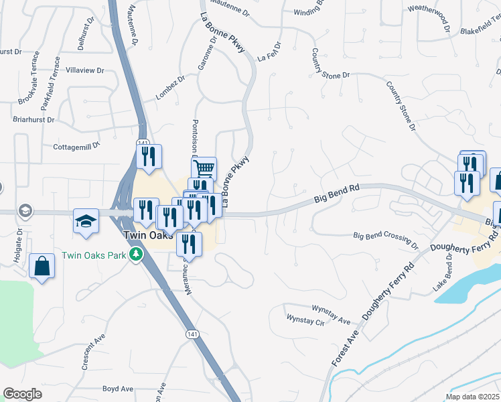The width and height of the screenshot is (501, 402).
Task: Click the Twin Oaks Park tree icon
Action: coord(137,254)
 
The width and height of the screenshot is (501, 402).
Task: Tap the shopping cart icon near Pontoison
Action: coord(204,167)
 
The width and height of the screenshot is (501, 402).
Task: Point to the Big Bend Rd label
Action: coord(338,194)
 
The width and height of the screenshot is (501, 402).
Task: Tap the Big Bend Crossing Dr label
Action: coord(385,236)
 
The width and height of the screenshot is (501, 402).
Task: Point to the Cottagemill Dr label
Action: coord(76,145)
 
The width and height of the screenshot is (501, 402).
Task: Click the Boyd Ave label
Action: coord(118,389)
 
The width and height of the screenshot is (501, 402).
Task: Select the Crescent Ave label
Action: coord(94,351)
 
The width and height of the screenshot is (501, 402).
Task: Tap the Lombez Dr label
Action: coord(168,85)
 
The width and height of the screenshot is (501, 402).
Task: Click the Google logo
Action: coord(22,394)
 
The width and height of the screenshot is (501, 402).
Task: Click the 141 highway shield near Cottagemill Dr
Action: coord(142,143)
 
